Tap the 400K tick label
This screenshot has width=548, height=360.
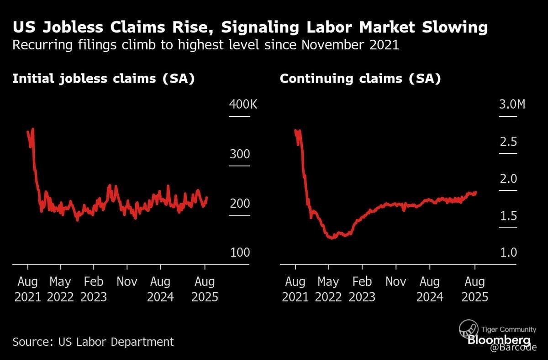(243, 104)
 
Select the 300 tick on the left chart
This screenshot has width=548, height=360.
(239, 154)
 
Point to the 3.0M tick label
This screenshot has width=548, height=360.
(511, 104)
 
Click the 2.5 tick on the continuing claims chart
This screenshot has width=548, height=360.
(508, 142)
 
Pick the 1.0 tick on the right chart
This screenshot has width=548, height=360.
(508, 252)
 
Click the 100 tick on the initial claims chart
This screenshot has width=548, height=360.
(239, 252)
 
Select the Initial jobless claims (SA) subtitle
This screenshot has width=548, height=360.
(104, 79)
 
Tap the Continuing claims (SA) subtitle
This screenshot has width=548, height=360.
(360, 79)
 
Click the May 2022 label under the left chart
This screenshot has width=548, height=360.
(61, 289)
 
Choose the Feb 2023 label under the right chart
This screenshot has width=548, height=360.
(362, 289)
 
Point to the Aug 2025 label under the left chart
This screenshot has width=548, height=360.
(205, 289)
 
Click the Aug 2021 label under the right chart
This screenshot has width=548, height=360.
(295, 289)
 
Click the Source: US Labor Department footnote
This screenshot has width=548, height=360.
(93, 341)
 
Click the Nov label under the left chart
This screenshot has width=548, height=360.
(127, 282)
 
